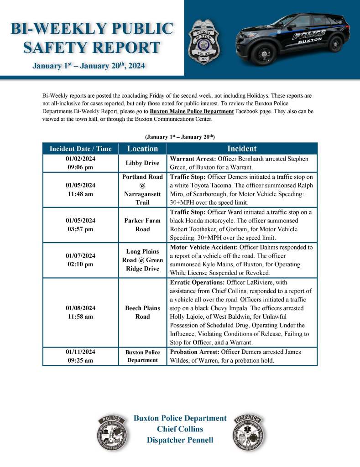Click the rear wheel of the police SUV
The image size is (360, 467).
(x=335, y=44)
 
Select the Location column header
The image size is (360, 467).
(x=142, y=149)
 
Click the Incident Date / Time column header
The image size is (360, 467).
(x=80, y=149)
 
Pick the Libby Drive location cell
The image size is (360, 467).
(x=142, y=163)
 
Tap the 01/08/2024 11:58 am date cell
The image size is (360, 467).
(x=80, y=312)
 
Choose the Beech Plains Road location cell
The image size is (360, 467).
(x=142, y=312)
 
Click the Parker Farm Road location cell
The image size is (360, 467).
(x=142, y=225)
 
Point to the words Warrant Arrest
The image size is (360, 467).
(x=193, y=159)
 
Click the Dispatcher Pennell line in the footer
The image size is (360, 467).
(x=180, y=440)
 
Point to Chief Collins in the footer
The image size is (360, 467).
(x=180, y=429)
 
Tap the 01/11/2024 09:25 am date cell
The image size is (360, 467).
(x=80, y=356)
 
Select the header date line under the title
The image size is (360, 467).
(x=89, y=66)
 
